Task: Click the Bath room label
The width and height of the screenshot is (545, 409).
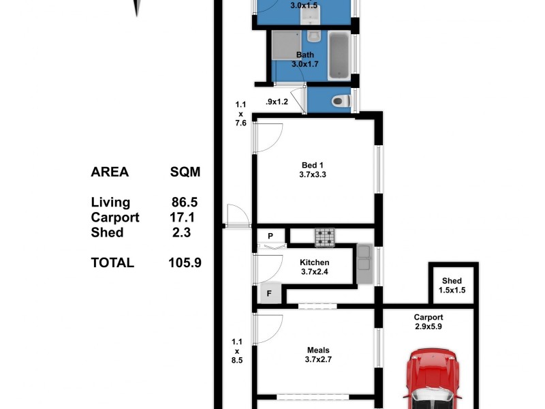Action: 305,55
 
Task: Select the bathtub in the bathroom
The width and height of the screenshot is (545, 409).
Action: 339,55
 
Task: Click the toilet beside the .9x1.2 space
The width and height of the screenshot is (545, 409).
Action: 339,102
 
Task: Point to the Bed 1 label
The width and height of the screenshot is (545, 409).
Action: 313,165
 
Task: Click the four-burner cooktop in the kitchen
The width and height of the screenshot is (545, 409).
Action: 325,237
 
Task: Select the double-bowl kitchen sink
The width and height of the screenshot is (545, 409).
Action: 362,264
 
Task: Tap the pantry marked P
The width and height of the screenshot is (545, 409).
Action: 270,237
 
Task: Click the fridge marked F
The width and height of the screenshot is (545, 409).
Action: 269,294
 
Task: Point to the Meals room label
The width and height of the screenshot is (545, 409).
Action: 318,351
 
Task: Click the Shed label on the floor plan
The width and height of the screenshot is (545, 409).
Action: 452,281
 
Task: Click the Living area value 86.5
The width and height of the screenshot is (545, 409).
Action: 185,202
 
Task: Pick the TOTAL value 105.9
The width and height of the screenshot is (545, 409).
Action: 185,262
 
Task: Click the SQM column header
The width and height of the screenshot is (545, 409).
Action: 185,172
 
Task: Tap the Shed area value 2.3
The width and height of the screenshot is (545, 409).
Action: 182,232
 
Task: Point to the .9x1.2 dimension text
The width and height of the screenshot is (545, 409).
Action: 277,102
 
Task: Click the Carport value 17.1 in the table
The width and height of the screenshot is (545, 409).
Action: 185,217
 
